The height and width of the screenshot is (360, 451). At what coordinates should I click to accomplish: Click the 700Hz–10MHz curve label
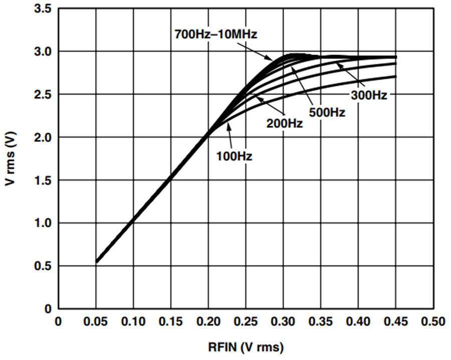tap(215, 34)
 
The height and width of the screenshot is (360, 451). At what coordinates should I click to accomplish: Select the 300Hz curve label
tap(369, 95)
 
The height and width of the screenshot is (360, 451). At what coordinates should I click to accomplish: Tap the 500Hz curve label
tap(327, 112)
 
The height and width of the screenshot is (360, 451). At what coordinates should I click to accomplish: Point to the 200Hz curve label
tap(285, 123)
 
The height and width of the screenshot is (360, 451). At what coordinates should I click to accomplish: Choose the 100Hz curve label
tap(234, 156)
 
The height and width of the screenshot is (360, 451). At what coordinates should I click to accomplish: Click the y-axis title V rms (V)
tap(11, 158)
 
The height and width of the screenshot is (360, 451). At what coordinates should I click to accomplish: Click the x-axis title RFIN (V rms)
tap(246, 347)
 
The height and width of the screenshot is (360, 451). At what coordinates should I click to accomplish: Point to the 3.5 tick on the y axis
tap(43, 9)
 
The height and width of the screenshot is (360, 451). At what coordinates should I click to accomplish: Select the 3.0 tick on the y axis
tap(43, 52)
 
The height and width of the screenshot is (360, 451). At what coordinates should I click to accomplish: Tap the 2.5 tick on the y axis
tap(43, 95)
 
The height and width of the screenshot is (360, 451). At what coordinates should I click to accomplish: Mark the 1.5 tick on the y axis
tap(43, 181)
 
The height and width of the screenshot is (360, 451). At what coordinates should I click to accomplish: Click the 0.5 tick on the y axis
tap(43, 266)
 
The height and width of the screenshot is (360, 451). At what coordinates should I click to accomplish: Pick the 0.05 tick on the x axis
tap(96, 321)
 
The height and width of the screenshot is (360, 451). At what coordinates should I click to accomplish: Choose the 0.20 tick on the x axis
tap(208, 321)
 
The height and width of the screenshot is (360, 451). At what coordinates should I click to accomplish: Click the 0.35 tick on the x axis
tap(321, 321)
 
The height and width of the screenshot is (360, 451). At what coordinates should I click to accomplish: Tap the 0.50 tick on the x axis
tap(433, 321)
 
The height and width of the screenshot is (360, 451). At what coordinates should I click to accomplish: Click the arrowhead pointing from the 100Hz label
tap(229, 125)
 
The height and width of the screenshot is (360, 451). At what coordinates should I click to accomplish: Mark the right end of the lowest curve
tap(396, 76)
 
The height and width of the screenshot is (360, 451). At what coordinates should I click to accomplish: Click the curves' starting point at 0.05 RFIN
tap(97, 262)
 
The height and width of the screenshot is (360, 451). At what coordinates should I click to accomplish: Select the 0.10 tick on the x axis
tap(133, 321)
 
